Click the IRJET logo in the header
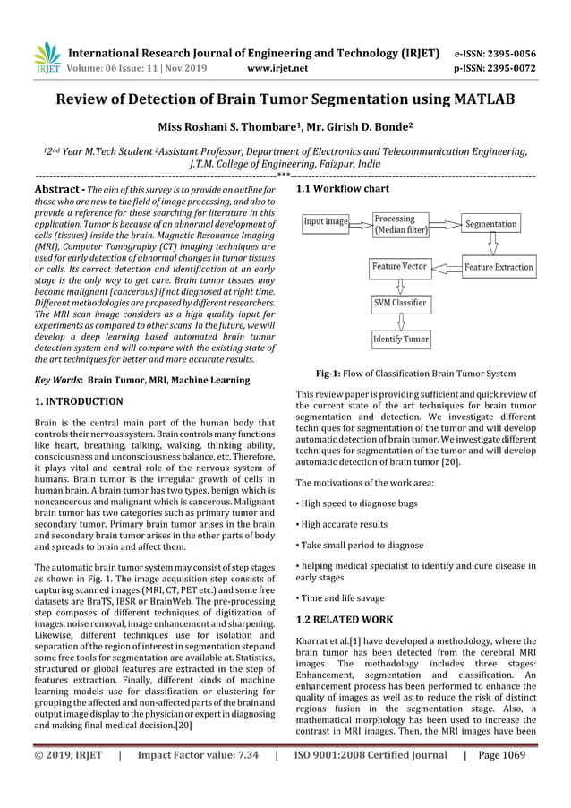(x=46, y=58)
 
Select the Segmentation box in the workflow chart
(x=491, y=223)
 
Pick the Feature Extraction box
(x=499, y=267)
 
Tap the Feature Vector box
(x=400, y=266)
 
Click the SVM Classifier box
(x=400, y=304)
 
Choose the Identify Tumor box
(x=400, y=340)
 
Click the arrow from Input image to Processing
(x=361, y=221)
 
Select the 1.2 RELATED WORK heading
(x=344, y=619)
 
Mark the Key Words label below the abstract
(x=58, y=381)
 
